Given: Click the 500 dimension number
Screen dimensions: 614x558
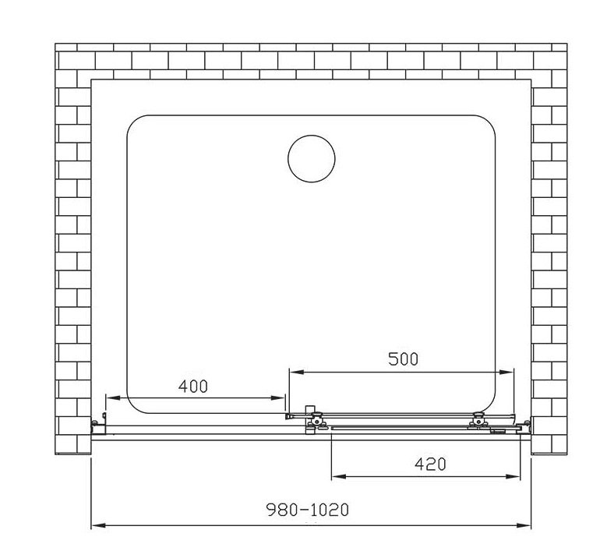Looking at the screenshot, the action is [404, 358].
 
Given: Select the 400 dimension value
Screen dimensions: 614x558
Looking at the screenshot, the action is [193, 387].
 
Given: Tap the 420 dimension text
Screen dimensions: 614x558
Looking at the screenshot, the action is [430, 464].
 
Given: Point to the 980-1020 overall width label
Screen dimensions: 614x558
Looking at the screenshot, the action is [308, 510].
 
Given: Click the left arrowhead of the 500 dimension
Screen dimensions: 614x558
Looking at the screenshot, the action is [296, 372].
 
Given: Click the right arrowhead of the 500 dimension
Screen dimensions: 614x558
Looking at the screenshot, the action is [506, 372].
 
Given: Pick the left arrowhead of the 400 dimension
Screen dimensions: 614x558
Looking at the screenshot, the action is [113, 398].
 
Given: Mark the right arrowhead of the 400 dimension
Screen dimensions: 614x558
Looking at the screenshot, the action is [277, 398].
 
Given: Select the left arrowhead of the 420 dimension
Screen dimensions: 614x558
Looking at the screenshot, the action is [339, 476].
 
